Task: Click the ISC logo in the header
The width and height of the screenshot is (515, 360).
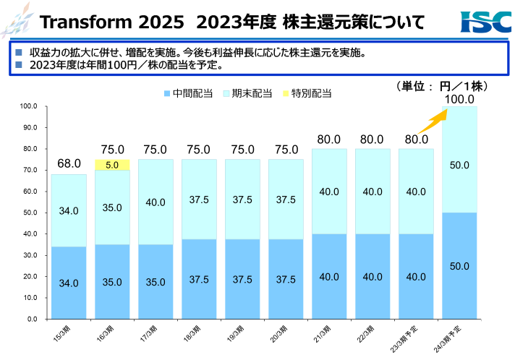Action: pyautogui.click(x=485, y=22)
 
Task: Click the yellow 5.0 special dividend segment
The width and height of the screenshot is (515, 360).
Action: pyautogui.click(x=112, y=165)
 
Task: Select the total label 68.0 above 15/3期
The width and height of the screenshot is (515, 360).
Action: pyautogui.click(x=69, y=164)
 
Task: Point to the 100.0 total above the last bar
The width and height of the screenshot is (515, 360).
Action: pyautogui.click(x=459, y=99)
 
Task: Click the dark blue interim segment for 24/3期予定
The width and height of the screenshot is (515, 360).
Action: pyautogui.click(x=459, y=265)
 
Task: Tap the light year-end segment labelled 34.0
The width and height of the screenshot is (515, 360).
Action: pyautogui.click(x=69, y=210)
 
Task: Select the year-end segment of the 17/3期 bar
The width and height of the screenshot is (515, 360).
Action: pyautogui.click(x=156, y=202)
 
